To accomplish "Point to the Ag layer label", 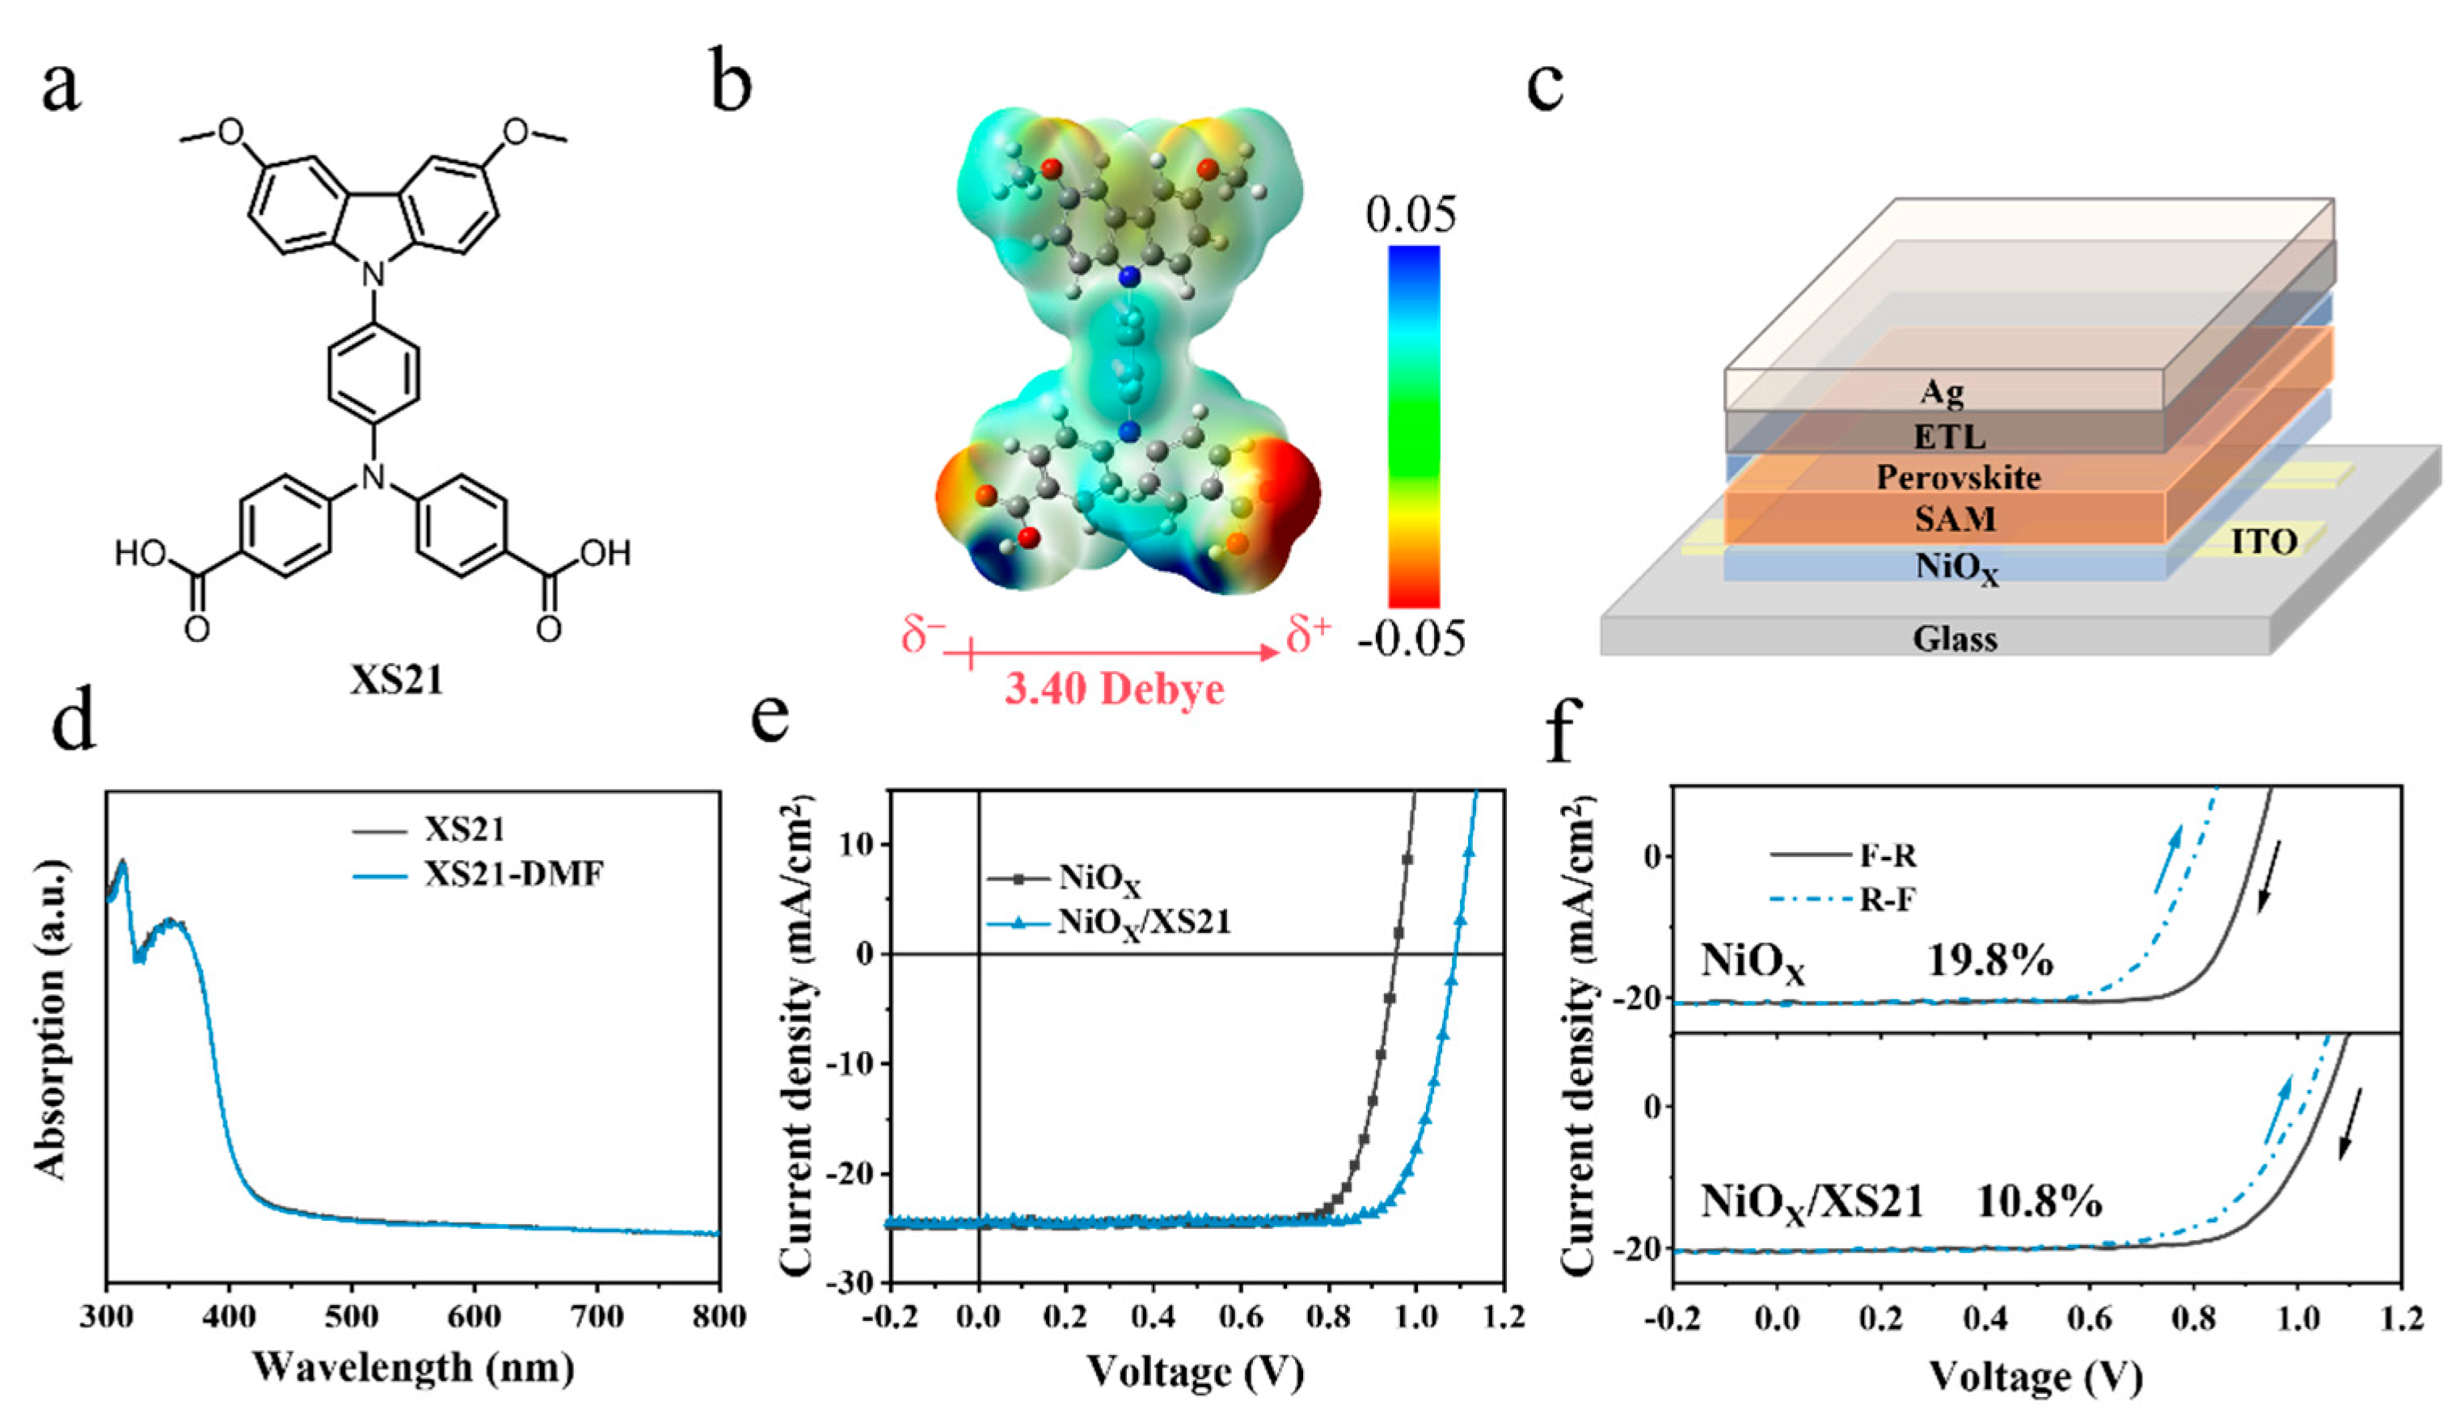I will coord(1942,391).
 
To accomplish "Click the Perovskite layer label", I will coord(1958,477).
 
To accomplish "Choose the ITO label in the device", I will coord(2263,542).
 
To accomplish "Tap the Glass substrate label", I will coord(1955,639).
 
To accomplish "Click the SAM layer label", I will coord(1955,519).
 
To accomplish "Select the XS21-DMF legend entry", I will coord(513,874).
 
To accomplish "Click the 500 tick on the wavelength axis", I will coord(352,1317).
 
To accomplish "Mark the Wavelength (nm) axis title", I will coord(413,1368).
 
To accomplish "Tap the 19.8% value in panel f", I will coord(1990,961).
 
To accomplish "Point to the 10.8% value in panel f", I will coord(2038,1201).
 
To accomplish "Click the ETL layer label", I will coord(1948,437).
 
